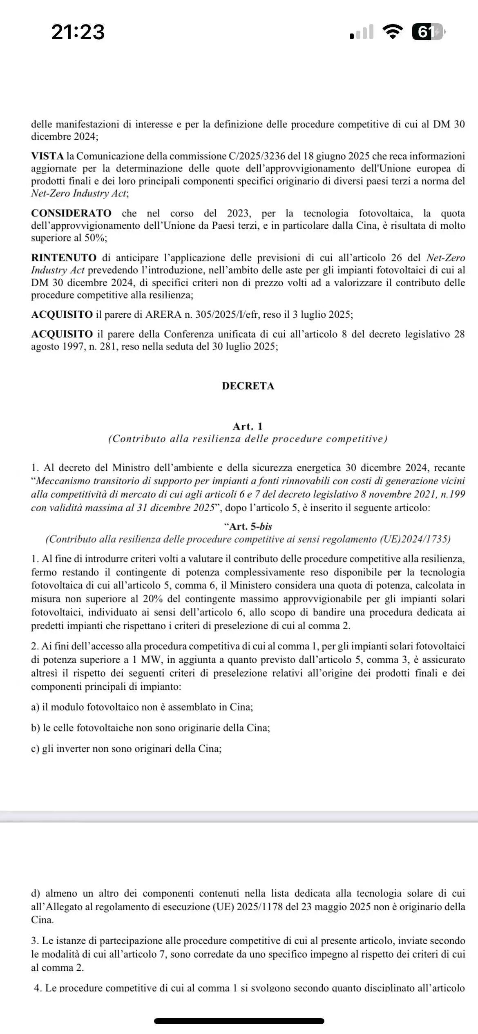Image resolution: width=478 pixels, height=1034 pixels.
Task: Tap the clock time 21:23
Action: [x=78, y=32]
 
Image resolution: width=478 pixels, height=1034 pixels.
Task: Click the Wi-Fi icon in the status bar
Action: [x=393, y=32]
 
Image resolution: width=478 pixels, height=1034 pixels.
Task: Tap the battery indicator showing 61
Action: [x=427, y=32]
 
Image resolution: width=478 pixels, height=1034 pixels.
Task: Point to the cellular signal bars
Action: [x=362, y=32]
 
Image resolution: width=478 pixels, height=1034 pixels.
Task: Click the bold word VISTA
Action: [x=47, y=156]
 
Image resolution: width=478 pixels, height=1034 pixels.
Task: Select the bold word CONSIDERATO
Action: [x=71, y=213]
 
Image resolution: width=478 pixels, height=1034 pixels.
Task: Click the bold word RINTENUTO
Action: [x=64, y=258]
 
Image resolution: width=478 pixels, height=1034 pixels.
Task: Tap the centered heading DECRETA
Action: [x=248, y=386]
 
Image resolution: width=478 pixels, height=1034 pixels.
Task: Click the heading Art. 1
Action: [x=248, y=426]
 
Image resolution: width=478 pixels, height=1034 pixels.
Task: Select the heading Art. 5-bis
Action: [x=250, y=526]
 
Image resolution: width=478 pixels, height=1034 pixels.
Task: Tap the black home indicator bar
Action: [x=239, y=1021]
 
